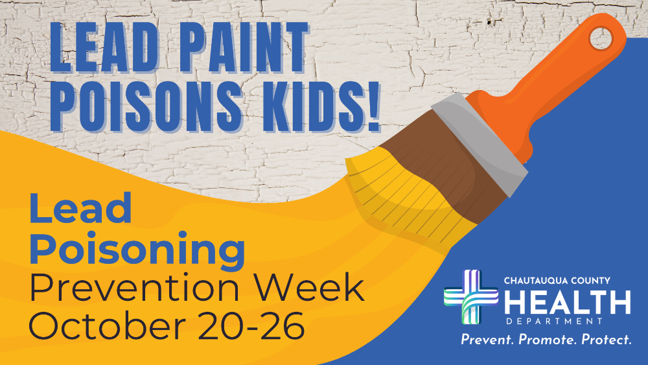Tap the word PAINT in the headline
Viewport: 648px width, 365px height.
[x=243, y=47]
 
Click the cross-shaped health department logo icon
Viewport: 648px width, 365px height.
[x=470, y=296]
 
